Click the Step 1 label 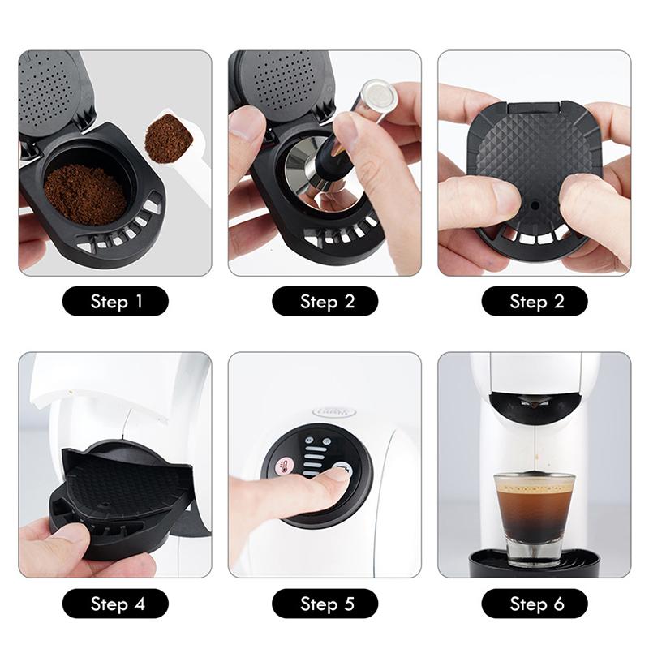[115, 302]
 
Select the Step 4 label [115, 604]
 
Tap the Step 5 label [325, 604]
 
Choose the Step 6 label [535, 604]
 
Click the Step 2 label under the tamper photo [325, 302]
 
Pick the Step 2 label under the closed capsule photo [535, 302]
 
